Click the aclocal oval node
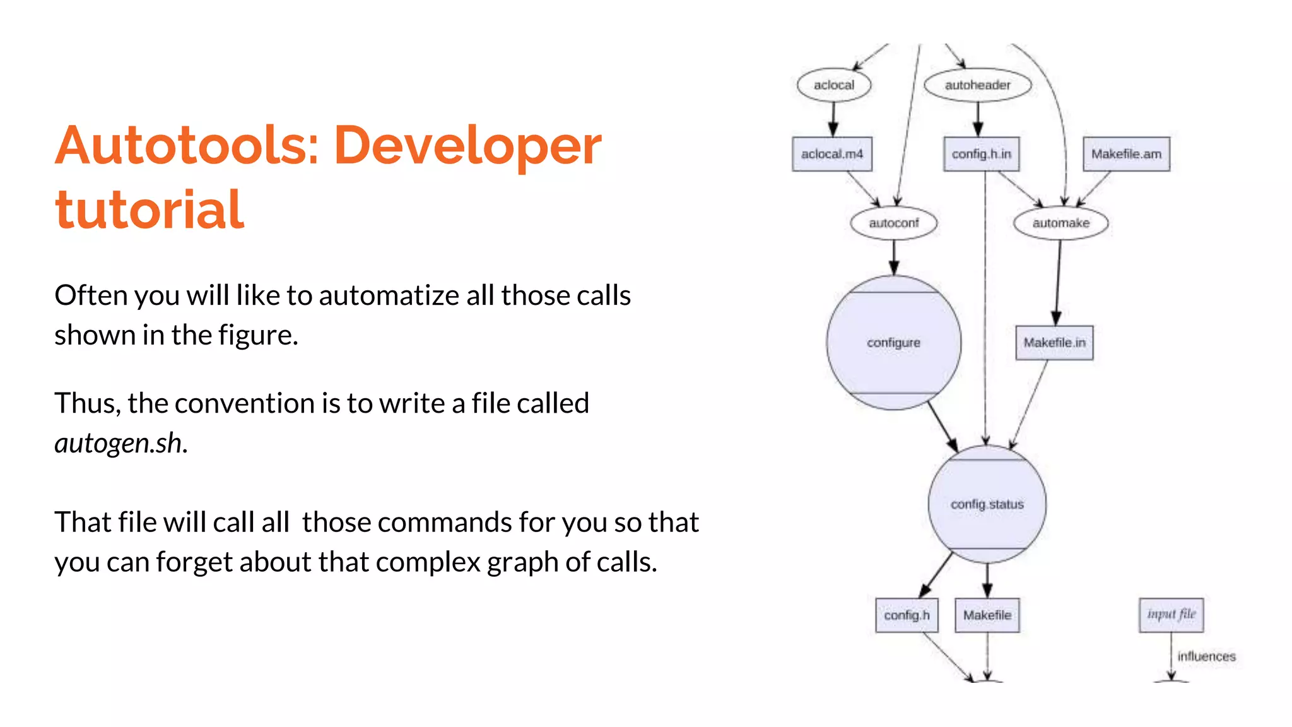[833, 85]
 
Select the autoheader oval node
[977, 85]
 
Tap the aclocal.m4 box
[832, 154]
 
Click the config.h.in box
[981, 154]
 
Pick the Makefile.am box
[1126, 154]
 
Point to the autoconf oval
[893, 223]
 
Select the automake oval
[1060, 223]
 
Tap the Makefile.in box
[1054, 343]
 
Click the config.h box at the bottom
[907, 615]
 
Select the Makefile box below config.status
[987, 615]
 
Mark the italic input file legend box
[1171, 615]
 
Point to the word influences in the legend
[1206, 656]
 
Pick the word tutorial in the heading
[149, 210]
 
